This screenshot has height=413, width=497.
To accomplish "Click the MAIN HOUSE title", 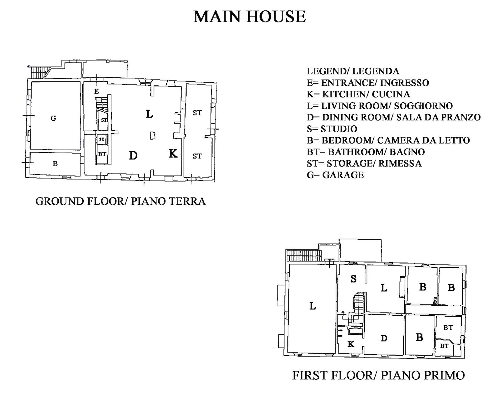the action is coord(249,17).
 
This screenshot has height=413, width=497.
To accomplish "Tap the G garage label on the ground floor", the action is coord(53,118).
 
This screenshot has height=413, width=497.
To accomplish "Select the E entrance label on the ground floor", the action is coord(96,91).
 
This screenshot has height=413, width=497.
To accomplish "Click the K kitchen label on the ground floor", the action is coord(173,153).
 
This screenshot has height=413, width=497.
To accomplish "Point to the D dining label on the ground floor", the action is coord(133,156).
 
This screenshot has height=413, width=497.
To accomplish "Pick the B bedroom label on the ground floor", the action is coord(55,164).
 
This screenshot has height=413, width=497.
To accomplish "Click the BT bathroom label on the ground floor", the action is coord(102,154).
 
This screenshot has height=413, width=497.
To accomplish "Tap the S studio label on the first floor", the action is coord(353,279).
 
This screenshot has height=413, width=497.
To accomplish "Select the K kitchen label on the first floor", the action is coord(351,344).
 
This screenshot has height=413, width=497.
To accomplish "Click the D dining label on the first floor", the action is coord(384,338).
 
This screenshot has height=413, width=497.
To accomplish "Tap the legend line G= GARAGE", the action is coord(335,175).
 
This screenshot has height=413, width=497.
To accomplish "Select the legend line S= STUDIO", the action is coord(332,129).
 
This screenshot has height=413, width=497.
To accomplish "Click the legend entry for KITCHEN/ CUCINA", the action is coord(358,94).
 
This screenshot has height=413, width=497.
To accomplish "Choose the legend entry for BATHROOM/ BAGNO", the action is coord(366,152).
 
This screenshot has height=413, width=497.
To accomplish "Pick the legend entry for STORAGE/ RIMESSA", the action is coord(364,163).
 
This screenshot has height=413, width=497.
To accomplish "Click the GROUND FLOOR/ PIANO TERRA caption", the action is coord(121,201).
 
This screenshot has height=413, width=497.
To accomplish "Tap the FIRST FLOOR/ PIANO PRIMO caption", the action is coord(378,375).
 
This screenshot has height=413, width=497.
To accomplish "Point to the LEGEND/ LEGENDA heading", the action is coord(353,71).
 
